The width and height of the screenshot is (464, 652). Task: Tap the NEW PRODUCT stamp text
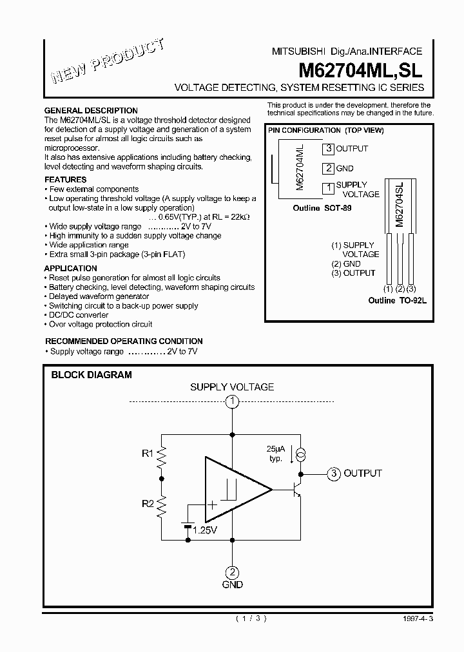click(x=107, y=62)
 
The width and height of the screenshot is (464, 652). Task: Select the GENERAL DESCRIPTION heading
click(x=91, y=111)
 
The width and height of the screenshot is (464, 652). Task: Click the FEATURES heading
click(x=65, y=180)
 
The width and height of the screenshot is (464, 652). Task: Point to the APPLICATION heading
click(x=70, y=268)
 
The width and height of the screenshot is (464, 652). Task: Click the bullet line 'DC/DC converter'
click(x=76, y=315)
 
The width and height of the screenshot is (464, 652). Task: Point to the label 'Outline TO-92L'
click(x=397, y=301)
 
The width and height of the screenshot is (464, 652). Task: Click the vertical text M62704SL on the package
click(x=399, y=206)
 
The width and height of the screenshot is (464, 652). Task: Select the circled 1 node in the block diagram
click(x=232, y=402)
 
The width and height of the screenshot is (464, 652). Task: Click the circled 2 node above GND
click(x=232, y=571)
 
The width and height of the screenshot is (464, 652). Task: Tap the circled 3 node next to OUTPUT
click(x=333, y=474)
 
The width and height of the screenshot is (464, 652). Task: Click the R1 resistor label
click(x=148, y=454)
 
